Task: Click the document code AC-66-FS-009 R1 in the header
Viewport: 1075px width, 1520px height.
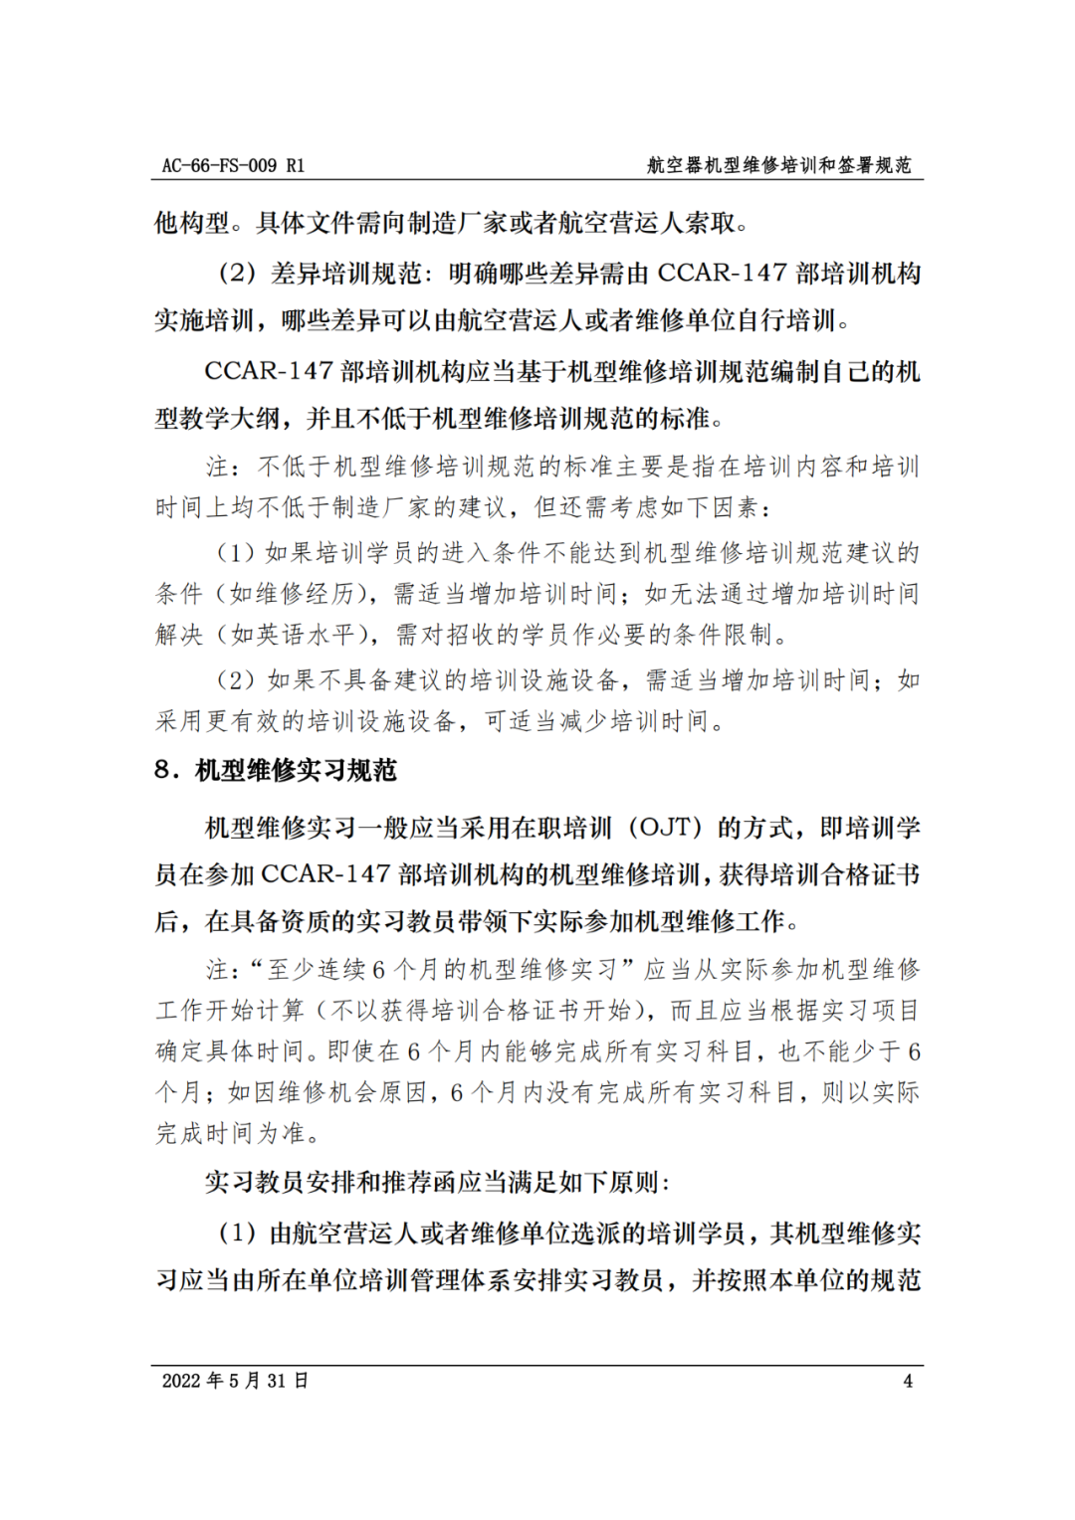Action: pyautogui.click(x=233, y=165)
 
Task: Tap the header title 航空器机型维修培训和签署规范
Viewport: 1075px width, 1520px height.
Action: pyautogui.click(x=778, y=165)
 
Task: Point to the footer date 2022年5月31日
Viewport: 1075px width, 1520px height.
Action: pyautogui.click(x=235, y=1381)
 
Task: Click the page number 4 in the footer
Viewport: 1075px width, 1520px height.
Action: pyautogui.click(x=907, y=1381)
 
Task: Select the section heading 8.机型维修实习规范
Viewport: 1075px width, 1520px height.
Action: pyautogui.click(x=276, y=770)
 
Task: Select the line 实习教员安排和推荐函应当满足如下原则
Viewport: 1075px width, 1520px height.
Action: pyautogui.click(x=437, y=1183)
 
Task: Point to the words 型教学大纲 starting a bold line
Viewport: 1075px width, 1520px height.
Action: pyautogui.click(x=217, y=419)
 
